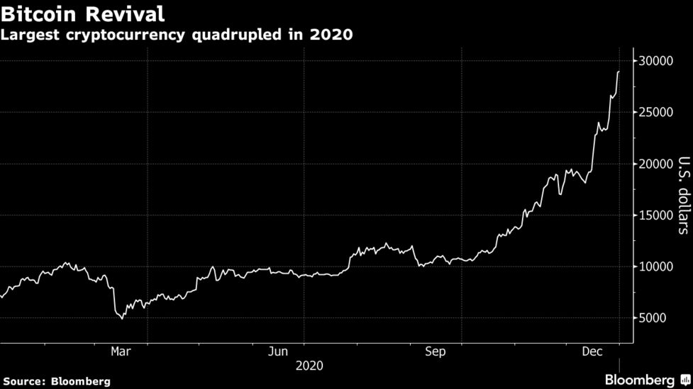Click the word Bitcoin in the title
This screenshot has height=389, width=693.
click(36, 13)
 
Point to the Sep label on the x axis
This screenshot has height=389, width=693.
click(435, 351)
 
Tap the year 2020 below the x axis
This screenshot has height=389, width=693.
click(309, 366)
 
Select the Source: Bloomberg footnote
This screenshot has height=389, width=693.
click(56, 381)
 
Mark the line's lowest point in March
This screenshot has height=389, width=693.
click(122, 318)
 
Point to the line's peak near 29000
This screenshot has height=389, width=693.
click(619, 72)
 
